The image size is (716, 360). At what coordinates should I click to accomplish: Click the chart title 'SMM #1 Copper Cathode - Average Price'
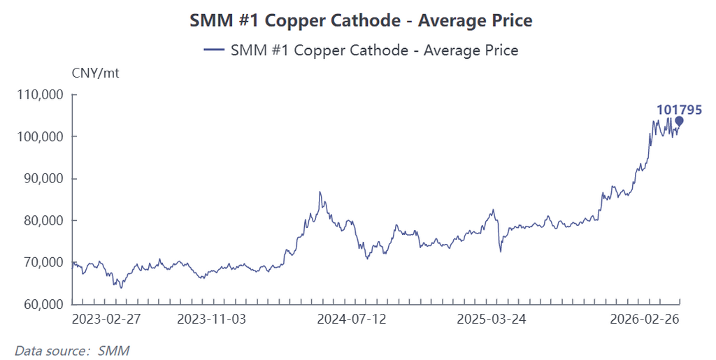tap(361, 21)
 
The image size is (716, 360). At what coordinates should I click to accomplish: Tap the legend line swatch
tap(213, 50)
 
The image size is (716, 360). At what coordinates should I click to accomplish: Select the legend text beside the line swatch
tap(374, 50)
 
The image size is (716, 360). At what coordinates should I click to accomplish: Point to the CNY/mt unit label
tap(96, 72)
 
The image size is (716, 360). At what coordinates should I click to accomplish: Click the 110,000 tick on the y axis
tap(39, 94)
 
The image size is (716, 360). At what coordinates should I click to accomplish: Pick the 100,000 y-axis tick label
tap(39, 136)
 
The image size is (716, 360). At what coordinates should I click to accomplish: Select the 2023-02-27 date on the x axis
tap(106, 319)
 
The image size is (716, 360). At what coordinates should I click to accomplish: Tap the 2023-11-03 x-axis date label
tap(211, 319)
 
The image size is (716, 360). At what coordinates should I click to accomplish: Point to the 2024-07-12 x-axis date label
tap(351, 319)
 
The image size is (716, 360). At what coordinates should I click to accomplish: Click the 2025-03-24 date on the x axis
tap(491, 319)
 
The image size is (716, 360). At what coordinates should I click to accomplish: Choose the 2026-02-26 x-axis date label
tap(644, 319)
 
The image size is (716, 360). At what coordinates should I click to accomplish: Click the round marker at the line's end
tap(679, 121)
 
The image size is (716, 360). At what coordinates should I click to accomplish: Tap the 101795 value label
tap(679, 109)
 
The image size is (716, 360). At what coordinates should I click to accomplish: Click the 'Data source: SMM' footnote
tap(72, 350)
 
